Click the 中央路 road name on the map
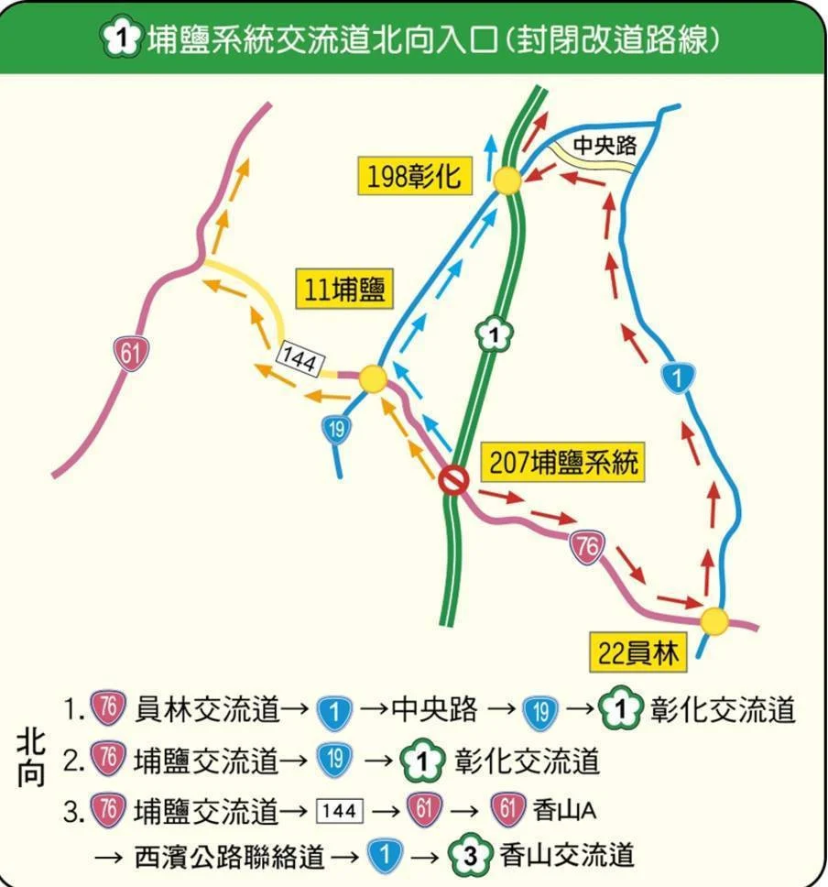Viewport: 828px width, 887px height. (x=604, y=144)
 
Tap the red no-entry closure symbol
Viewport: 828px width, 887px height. (x=452, y=479)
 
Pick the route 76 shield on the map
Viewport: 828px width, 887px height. (x=587, y=546)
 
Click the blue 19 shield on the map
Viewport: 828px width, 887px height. (x=337, y=428)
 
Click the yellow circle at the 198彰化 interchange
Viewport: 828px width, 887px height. (x=507, y=181)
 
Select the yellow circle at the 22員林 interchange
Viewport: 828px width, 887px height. (x=714, y=620)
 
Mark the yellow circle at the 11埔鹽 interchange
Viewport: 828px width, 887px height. (x=372, y=378)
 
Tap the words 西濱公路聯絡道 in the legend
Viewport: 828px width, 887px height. (x=230, y=857)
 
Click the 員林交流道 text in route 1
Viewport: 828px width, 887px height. (x=206, y=710)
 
